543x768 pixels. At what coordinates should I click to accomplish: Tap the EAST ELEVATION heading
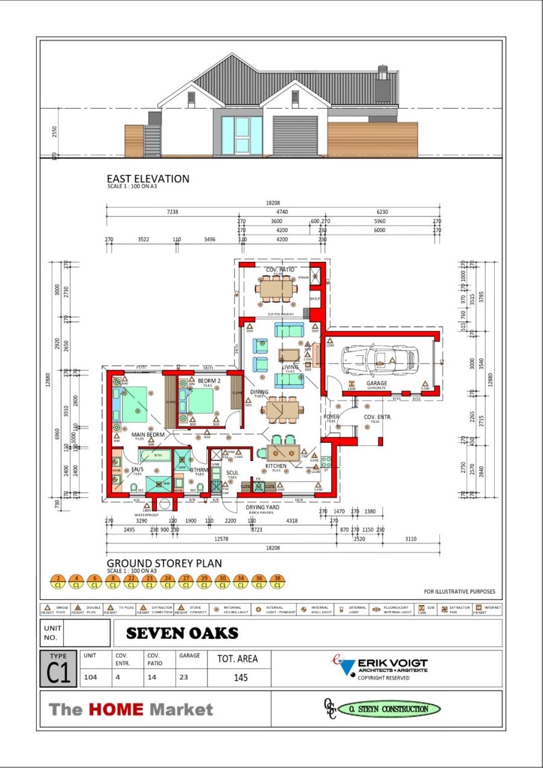coord(148,179)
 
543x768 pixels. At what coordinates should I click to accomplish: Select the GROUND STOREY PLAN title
coord(164,563)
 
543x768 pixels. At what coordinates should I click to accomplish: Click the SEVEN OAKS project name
coord(182,633)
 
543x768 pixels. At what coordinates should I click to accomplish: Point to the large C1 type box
coord(59,668)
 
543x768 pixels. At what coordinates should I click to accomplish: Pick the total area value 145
coord(240,678)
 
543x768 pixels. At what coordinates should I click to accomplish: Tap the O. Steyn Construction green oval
coord(389,709)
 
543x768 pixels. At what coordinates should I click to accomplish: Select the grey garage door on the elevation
coord(295,135)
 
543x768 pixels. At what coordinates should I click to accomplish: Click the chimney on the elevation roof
coord(383,84)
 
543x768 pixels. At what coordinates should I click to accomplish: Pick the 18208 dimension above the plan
coord(273,203)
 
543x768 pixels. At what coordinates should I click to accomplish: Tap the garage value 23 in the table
coord(183,677)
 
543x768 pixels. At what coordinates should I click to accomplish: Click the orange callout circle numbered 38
coord(277,582)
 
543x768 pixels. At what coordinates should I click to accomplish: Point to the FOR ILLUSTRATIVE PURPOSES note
coord(459,591)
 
